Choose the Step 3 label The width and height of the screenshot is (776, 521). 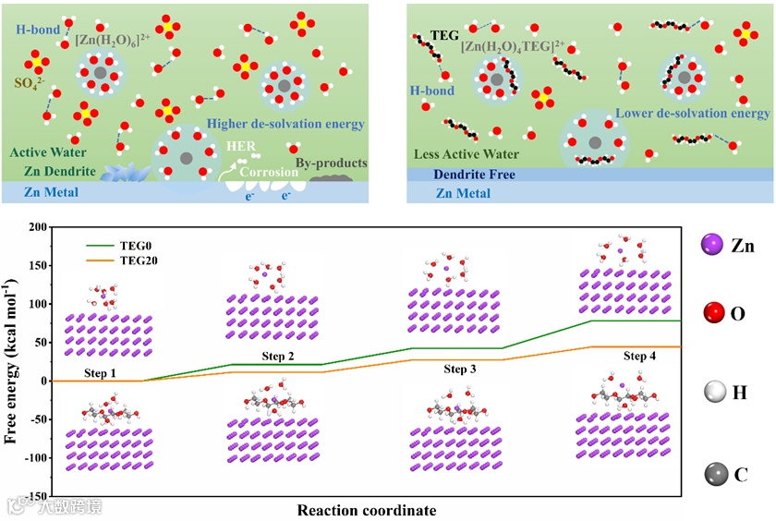(459, 370)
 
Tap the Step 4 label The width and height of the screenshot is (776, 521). (639, 357)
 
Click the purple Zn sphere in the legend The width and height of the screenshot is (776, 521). (712, 246)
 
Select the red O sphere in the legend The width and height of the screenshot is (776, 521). (712, 315)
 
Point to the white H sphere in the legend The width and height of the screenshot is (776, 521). (712, 394)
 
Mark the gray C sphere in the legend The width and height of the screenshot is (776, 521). (712, 474)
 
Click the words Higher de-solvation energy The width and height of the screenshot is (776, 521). (285, 124)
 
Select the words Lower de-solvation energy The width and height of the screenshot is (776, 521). (692, 114)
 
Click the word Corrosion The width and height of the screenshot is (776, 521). (269, 173)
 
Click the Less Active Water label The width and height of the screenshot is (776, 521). (467, 154)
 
